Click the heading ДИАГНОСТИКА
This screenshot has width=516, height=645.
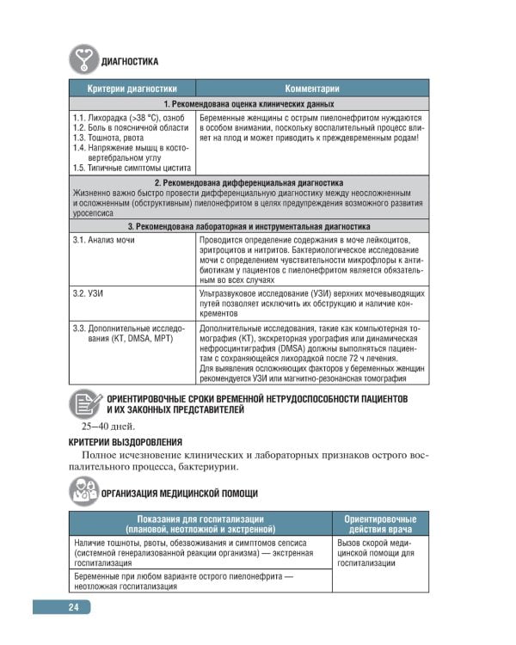129,61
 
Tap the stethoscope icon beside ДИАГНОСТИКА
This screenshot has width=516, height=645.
82,58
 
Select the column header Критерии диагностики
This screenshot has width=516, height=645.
132,89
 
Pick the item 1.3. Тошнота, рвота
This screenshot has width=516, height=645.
111,138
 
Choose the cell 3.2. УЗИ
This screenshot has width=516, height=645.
89,294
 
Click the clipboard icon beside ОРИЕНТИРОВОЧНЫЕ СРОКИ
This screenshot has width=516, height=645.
83,403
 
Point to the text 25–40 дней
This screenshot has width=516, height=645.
108,426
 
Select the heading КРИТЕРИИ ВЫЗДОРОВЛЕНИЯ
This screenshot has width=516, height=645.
125,442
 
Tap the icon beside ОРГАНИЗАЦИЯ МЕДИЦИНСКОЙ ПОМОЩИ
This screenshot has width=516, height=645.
83,493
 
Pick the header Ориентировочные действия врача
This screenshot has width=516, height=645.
380,524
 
